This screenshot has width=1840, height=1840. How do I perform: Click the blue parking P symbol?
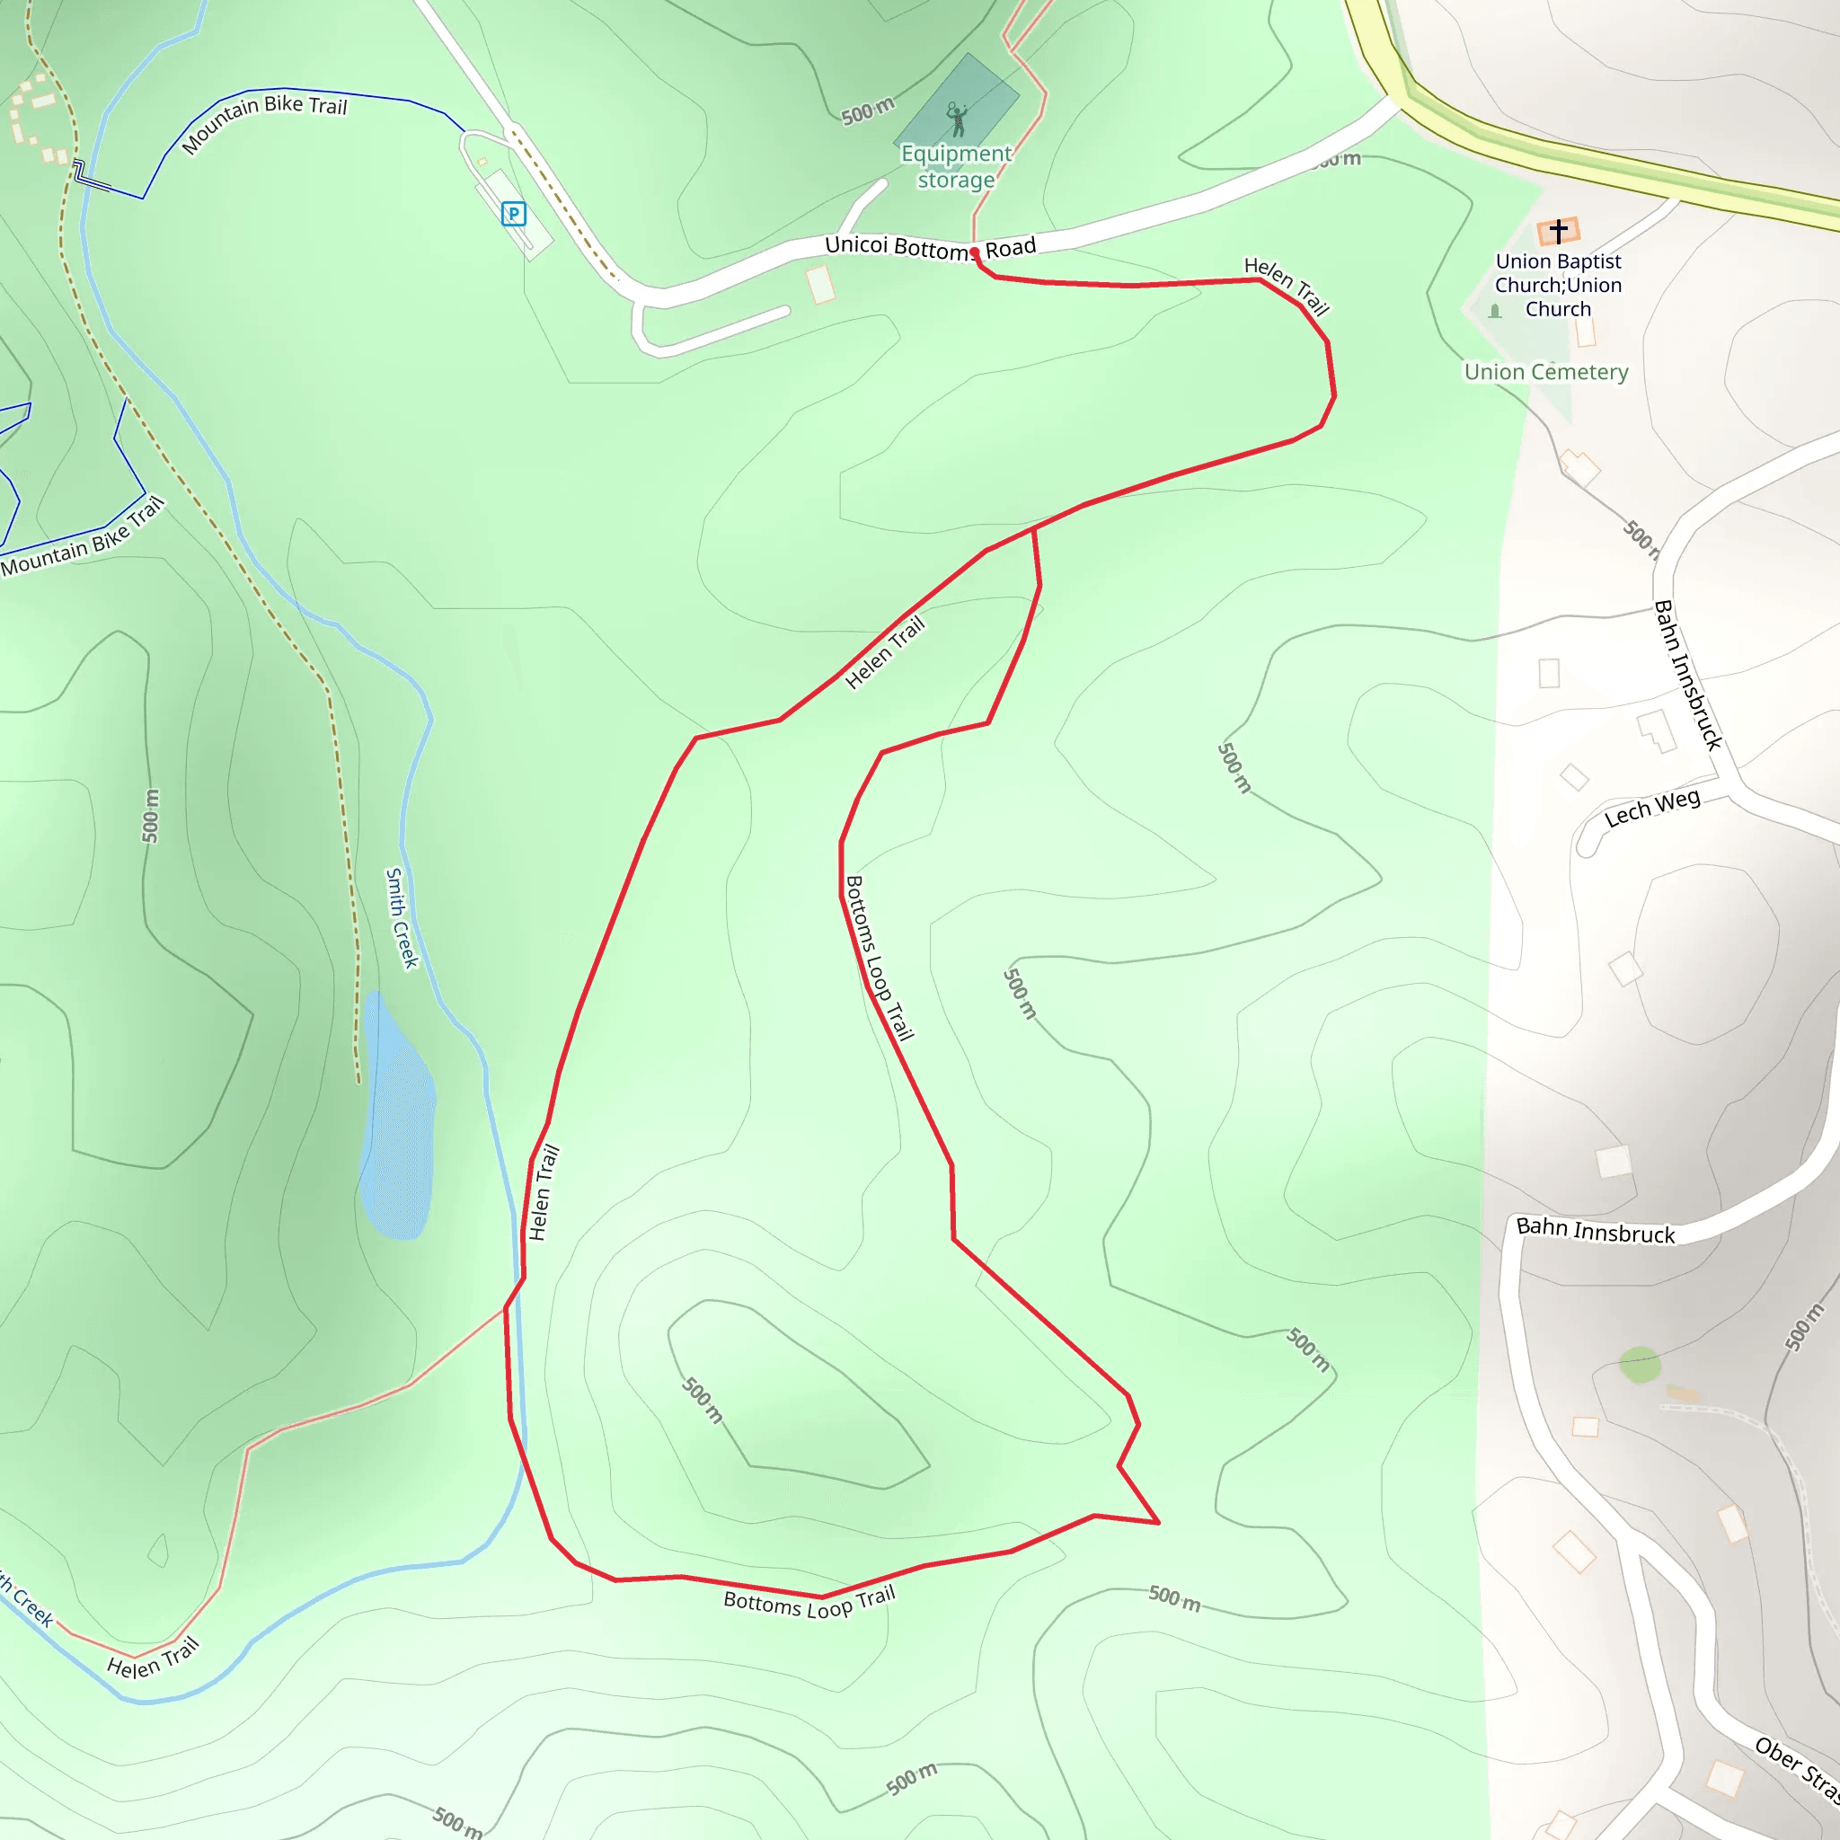pyautogui.click(x=513, y=215)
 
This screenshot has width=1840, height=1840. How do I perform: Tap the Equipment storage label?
pyautogui.click(x=956, y=167)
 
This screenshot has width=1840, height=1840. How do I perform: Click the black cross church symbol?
pyautogui.click(x=1558, y=231)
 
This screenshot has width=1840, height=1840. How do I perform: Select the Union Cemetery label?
pyautogui.click(x=1545, y=372)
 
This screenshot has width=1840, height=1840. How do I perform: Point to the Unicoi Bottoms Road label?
pyautogui.click(x=930, y=248)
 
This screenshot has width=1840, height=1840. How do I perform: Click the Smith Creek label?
pyautogui.click(x=402, y=918)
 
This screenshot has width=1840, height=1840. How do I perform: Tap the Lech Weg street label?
pyautogui.click(x=1651, y=809)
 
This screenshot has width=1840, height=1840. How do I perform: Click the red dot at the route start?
pyautogui.click(x=974, y=252)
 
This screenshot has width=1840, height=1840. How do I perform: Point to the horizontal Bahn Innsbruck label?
pyautogui.click(x=1596, y=1232)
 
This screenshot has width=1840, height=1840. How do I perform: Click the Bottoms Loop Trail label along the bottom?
pyautogui.click(x=809, y=1603)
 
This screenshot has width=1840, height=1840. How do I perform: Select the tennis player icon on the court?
pyautogui.click(x=957, y=119)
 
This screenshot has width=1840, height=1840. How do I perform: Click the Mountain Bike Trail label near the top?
pyautogui.click(x=264, y=121)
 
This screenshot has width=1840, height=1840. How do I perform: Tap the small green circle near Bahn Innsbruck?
pyautogui.click(x=1640, y=1365)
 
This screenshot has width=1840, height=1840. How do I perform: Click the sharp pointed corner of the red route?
pyautogui.click(x=1158, y=1523)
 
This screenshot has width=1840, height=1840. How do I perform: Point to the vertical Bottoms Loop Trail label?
pyautogui.click(x=879, y=958)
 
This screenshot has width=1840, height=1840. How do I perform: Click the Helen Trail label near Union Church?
pyautogui.click(x=1287, y=285)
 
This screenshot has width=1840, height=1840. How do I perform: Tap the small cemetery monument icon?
pyautogui.click(x=1495, y=312)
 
